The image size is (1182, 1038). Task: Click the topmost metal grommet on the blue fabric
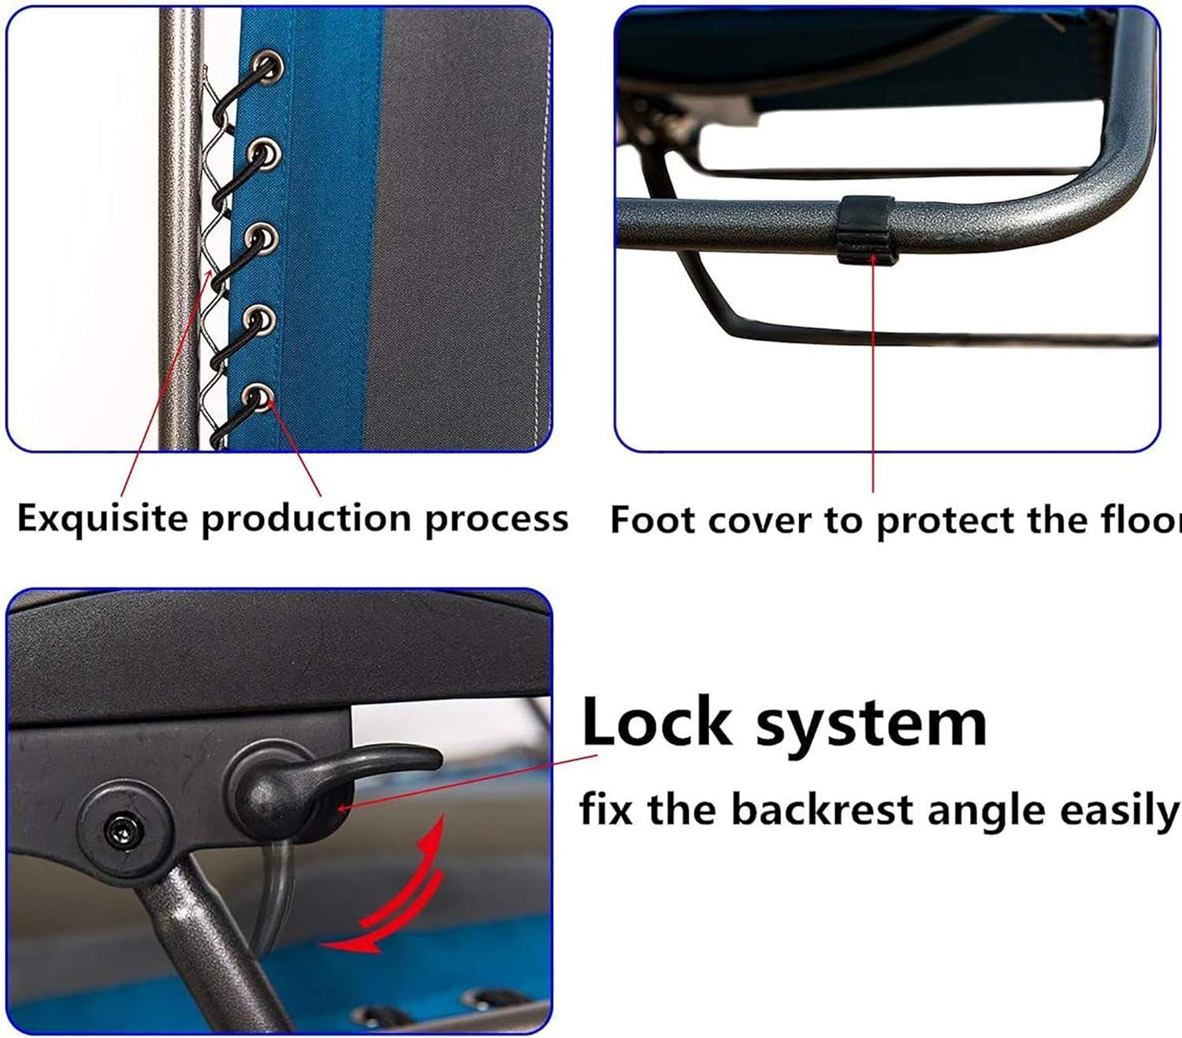[268, 68]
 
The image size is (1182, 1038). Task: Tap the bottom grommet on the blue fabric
[258, 398]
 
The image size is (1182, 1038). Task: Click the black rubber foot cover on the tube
[866, 230]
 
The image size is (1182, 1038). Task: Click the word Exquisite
[102, 519]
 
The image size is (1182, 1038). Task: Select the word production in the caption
[307, 519]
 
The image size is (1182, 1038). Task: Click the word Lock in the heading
[656, 722]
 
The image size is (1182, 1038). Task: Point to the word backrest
[822, 810]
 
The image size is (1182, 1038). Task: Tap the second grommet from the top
[264, 154]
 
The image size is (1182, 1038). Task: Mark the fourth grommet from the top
[259, 319]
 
